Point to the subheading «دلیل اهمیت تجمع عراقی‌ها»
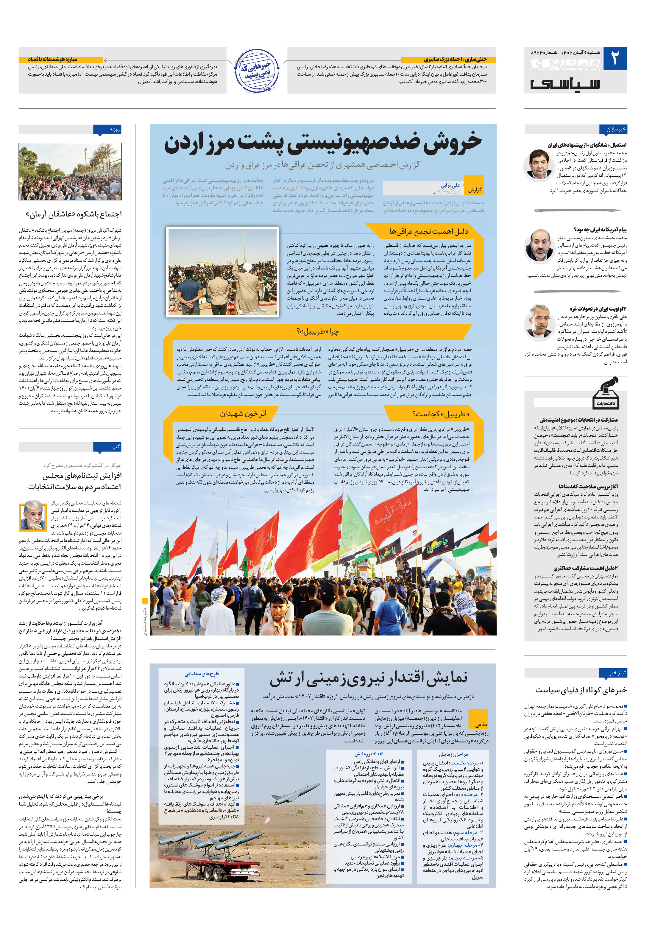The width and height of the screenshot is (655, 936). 428,232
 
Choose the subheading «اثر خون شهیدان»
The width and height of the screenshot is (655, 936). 243,414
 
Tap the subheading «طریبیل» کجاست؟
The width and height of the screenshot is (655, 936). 441,414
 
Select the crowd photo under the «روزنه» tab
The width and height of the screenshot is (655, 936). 70,172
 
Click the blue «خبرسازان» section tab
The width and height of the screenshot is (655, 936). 615,130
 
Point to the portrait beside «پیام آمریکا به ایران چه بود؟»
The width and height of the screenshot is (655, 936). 539,246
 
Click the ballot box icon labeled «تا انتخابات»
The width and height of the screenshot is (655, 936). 606,393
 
